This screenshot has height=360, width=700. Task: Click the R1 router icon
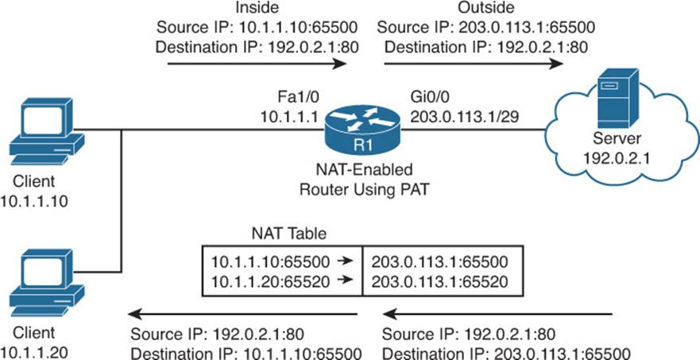point(362,130)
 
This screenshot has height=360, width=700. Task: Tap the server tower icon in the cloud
point(618,99)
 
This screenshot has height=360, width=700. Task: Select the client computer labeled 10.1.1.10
point(47,131)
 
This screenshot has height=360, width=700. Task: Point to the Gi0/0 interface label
point(427,98)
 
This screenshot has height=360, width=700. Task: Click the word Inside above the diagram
point(257,7)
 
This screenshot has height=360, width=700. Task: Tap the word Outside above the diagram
point(485,7)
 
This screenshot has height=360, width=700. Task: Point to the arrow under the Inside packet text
point(257,64)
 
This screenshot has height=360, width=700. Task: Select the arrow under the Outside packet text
point(474,64)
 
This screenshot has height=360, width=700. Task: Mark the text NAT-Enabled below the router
point(362,170)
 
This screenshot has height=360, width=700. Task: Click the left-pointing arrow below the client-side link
point(242,315)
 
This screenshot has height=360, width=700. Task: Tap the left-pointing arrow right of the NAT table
point(498,315)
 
